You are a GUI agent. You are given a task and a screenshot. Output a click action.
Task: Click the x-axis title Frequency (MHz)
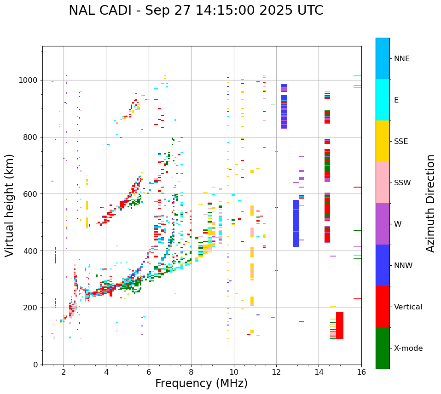click(x=201, y=383)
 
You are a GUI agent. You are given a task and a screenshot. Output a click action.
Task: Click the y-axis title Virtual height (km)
click(x=10, y=205)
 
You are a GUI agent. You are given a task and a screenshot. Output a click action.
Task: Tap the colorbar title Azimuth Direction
click(x=430, y=203)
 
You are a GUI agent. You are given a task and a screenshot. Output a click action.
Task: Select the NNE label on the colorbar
click(x=401, y=59)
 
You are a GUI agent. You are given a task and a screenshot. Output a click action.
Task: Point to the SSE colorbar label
click(x=401, y=142)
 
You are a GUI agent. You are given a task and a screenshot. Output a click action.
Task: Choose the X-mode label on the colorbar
click(x=408, y=348)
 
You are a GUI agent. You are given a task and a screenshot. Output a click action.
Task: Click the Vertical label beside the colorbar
click(x=408, y=307)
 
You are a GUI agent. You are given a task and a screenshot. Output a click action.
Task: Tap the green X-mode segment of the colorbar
click(x=383, y=348)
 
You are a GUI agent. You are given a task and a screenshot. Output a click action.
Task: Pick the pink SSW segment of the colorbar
click(x=383, y=183)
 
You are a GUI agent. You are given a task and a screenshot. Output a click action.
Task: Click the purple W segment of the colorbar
click(x=383, y=224)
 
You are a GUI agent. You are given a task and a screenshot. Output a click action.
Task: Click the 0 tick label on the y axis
click(x=35, y=365)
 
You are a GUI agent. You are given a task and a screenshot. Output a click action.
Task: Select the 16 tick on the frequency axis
click(x=361, y=372)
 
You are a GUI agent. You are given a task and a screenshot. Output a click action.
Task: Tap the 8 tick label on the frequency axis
click(x=191, y=372)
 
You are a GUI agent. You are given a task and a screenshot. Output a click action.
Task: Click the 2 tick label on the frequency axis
click(x=64, y=372)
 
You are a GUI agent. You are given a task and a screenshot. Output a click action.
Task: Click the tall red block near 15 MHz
click(x=340, y=325)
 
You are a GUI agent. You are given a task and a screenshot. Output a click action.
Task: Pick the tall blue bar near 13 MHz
click(x=296, y=223)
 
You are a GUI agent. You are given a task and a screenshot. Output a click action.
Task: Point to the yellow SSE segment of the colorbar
click(x=383, y=141)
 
